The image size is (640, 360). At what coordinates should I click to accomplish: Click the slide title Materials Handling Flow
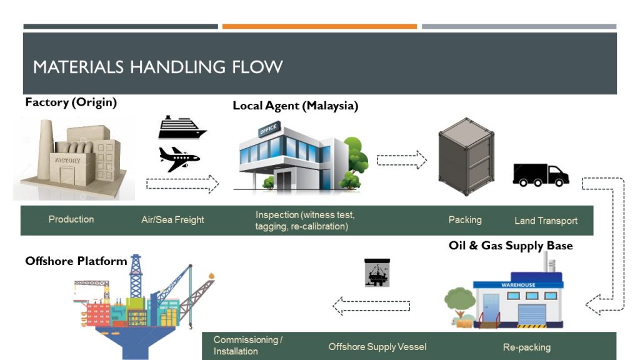[x=157, y=66]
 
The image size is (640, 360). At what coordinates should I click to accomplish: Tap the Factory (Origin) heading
[x=71, y=102]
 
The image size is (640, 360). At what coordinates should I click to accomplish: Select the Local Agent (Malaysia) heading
[x=295, y=106]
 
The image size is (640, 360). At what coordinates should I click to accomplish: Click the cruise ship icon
[x=182, y=128]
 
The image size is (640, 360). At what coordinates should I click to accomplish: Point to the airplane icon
[x=179, y=159]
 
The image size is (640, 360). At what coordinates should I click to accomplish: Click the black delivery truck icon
[x=541, y=175]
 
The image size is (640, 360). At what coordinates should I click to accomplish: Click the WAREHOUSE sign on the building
[x=518, y=285]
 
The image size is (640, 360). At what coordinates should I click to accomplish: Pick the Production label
[x=71, y=219]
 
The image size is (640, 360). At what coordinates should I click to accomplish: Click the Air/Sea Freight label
[x=172, y=220]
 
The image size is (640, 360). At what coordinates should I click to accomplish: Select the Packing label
[x=465, y=220]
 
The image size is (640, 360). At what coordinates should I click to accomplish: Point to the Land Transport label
[x=546, y=221]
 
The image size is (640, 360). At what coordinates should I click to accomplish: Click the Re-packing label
[x=526, y=347]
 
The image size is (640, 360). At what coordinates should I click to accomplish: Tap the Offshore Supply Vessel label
[x=377, y=347]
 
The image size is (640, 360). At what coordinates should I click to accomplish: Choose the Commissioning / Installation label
[x=247, y=346]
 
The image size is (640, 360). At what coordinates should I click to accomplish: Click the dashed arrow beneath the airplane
[x=182, y=184]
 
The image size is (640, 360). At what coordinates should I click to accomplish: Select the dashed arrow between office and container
[x=401, y=160]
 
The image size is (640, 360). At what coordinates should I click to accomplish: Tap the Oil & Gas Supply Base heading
[x=510, y=246]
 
